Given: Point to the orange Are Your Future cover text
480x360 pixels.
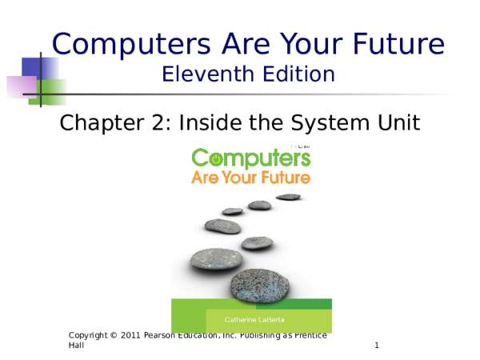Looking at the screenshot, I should point(250,177).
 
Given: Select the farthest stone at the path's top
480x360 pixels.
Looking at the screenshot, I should point(288,196).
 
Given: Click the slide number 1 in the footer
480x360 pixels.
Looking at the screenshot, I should point(376,346).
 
